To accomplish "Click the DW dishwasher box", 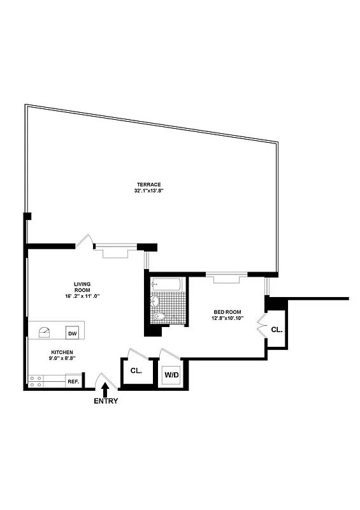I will [x=72, y=333].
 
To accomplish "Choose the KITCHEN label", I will [x=62, y=352].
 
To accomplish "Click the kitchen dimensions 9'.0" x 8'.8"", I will [x=62, y=358].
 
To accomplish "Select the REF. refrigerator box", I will [x=73, y=381].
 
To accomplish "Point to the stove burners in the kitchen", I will [x=36, y=381].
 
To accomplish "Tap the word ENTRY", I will [x=106, y=401].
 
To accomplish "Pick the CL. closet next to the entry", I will [x=136, y=370].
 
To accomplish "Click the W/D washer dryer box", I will [x=171, y=375].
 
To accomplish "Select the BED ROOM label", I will [x=227, y=312].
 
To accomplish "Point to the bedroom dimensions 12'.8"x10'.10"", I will [x=227, y=318].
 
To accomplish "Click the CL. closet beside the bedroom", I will [x=277, y=330].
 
